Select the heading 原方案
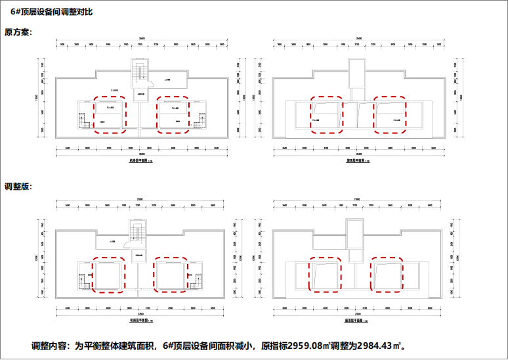[18, 32]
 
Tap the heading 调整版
[18, 187]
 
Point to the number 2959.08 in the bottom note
[307, 346]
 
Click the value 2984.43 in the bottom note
[375, 346]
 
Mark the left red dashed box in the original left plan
[109, 115]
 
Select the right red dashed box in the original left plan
[173, 115]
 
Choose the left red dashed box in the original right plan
[326, 115]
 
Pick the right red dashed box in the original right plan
[390, 115]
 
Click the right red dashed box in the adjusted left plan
[171, 275]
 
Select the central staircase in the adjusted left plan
[138, 232]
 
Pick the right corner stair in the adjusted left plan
[194, 281]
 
